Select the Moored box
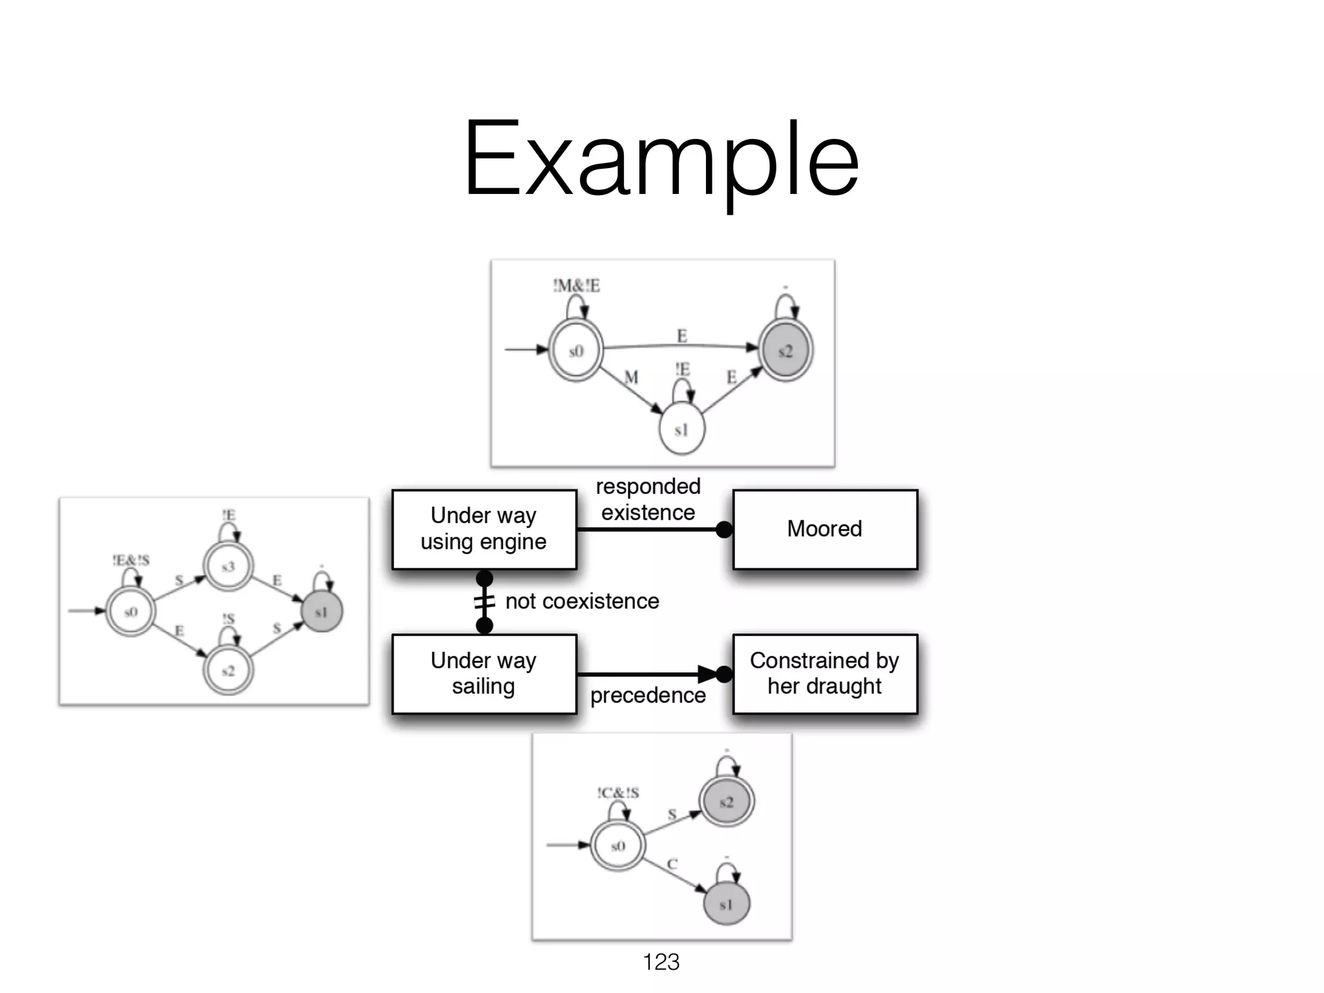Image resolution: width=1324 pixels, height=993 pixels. (x=824, y=529)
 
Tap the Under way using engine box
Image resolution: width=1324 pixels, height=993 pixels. (x=484, y=529)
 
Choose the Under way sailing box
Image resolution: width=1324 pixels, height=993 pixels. (x=484, y=674)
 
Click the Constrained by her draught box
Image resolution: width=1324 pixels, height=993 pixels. (x=824, y=674)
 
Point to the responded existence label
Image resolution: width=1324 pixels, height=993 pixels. (x=648, y=499)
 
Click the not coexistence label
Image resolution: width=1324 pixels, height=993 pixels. (x=582, y=601)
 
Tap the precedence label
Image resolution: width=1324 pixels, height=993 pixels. (x=648, y=696)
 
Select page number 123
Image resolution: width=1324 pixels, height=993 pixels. (x=661, y=962)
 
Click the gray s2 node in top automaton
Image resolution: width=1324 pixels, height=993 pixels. (x=785, y=351)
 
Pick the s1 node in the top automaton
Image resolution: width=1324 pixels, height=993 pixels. (x=681, y=429)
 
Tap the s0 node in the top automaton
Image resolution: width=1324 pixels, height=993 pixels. (x=575, y=351)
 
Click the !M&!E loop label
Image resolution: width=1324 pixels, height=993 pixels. (x=576, y=285)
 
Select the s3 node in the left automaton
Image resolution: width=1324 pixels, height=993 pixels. (x=228, y=567)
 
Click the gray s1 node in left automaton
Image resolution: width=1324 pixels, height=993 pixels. (x=321, y=612)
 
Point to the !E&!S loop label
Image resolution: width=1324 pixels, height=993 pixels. (x=131, y=560)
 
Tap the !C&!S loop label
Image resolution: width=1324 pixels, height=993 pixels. (x=618, y=793)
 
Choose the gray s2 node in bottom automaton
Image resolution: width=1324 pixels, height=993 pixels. (x=726, y=802)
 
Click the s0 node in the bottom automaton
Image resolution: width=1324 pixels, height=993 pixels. (x=617, y=846)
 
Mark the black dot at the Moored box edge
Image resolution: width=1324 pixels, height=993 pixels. (x=724, y=529)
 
